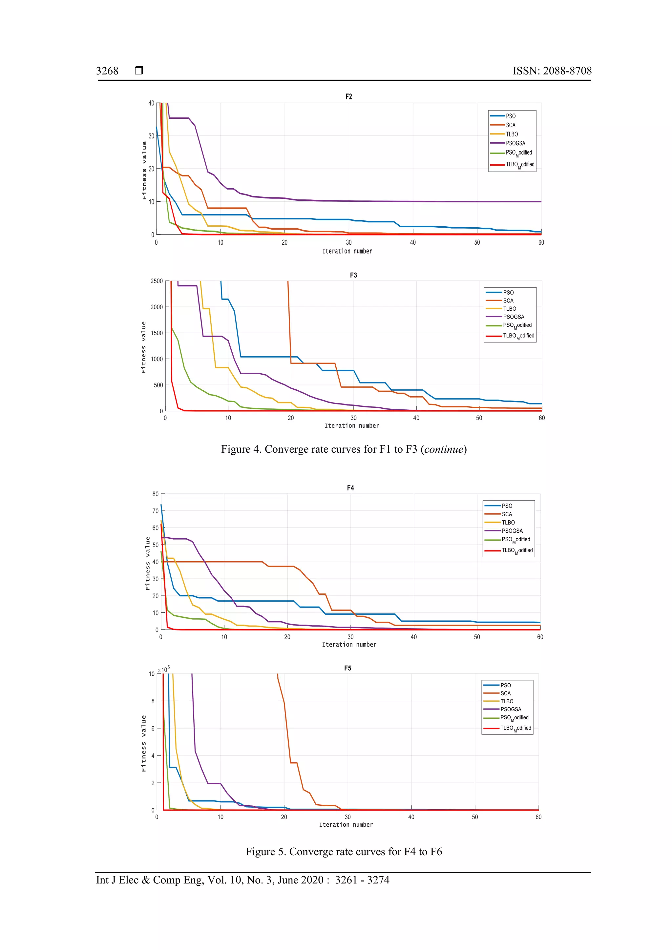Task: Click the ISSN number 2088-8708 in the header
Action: [567, 71]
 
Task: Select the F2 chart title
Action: [348, 96]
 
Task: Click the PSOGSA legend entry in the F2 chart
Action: [515, 143]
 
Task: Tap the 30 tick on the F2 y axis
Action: [152, 136]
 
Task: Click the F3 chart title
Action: [353, 275]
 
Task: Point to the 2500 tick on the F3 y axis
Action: [157, 281]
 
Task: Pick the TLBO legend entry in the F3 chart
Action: [509, 309]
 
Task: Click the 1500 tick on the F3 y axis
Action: [157, 333]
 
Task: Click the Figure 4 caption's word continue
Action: [444, 449]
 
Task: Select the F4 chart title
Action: [350, 488]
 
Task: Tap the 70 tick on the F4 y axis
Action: [155, 511]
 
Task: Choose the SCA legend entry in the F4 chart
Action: [507, 514]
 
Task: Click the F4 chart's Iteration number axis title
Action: [349, 644]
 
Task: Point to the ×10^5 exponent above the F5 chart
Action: [163, 670]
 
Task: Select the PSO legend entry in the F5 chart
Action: [505, 685]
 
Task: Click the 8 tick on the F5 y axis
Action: [153, 701]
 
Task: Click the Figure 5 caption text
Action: [344, 852]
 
